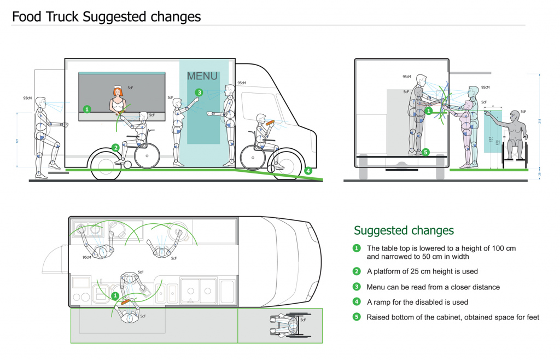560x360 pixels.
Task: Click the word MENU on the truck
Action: coord(202,76)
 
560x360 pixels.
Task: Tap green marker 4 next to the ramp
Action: coord(308,171)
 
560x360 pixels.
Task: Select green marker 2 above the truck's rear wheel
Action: coord(115,147)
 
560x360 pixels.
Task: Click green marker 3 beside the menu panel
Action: coord(199,92)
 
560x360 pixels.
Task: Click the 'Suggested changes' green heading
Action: coord(404,230)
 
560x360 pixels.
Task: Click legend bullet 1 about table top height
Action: coord(357,248)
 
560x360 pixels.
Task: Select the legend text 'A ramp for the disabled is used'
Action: coord(417,301)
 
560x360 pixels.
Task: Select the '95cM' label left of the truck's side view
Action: coord(27,98)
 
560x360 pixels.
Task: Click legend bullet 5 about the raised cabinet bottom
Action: coord(357,317)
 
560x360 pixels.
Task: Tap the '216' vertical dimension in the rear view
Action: coord(539,121)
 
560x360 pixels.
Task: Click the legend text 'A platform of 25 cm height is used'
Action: coord(422,271)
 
